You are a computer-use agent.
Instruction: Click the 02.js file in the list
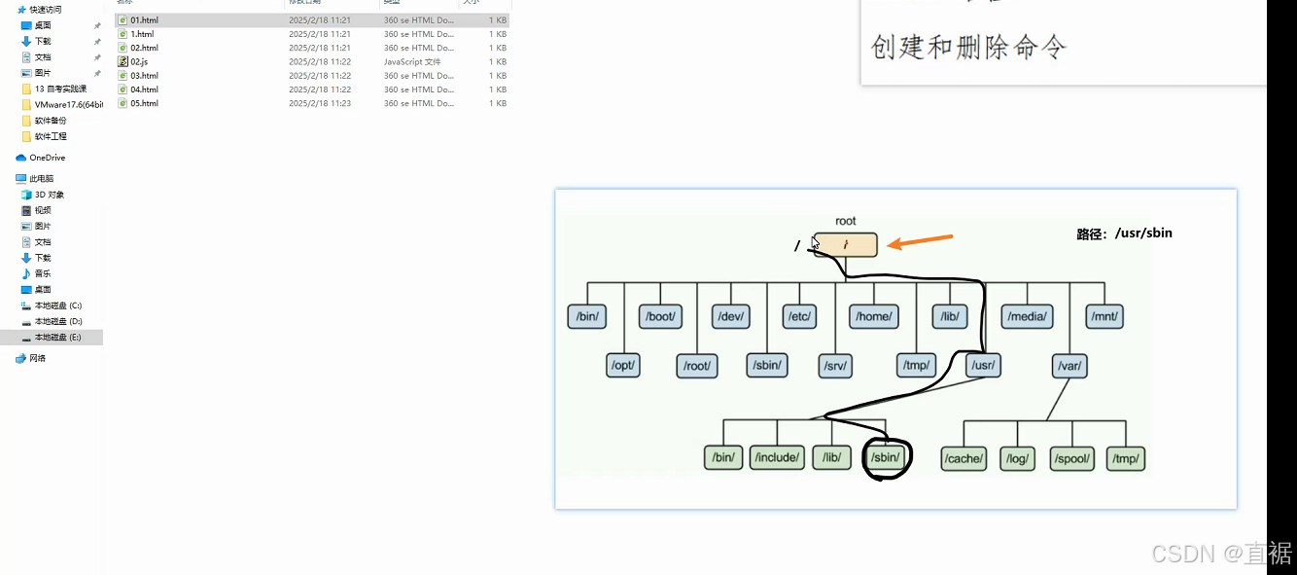click(138, 61)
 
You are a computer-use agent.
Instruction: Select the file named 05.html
click(144, 103)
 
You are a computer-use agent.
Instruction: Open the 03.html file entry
click(144, 75)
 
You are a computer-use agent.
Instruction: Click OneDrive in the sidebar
click(47, 158)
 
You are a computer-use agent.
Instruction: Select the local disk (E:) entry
click(57, 337)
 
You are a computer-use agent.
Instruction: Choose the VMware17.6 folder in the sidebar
click(67, 104)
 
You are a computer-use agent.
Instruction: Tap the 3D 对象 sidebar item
click(49, 195)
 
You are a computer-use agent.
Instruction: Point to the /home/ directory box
click(873, 317)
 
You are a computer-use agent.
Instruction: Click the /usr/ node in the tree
click(983, 366)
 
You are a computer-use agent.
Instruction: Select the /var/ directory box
click(1069, 366)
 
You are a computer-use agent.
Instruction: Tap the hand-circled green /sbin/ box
click(887, 457)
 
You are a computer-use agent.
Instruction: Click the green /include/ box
click(777, 457)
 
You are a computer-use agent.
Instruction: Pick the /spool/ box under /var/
click(1073, 458)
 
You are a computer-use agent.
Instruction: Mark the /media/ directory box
click(1027, 317)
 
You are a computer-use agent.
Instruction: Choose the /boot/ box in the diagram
click(660, 317)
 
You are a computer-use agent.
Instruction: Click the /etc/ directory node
click(799, 317)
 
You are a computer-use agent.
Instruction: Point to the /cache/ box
click(964, 458)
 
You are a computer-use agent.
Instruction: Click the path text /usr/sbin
click(1125, 234)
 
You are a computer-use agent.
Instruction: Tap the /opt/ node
click(622, 366)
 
